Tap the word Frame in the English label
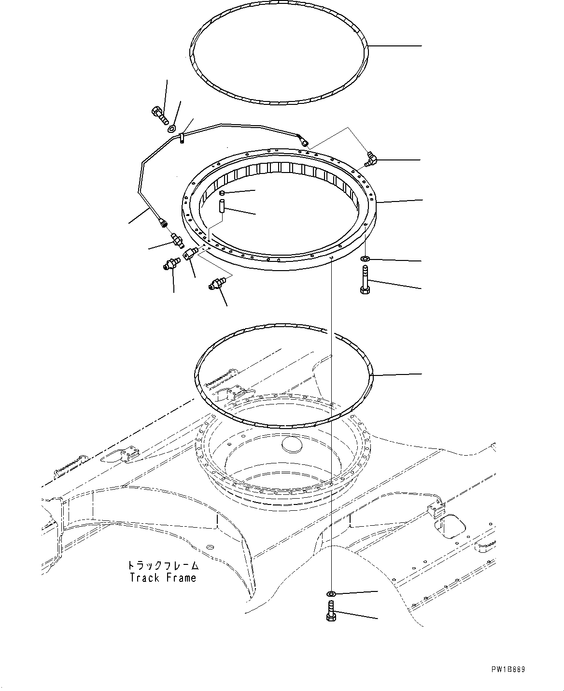tap(180, 577)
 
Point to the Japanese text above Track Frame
tap(163, 566)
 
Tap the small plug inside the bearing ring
tap(222, 193)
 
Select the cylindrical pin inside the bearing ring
tap(222, 211)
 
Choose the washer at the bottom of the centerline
tap(331, 593)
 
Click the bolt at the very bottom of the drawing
tap(331, 611)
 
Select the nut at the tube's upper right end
tap(304, 142)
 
